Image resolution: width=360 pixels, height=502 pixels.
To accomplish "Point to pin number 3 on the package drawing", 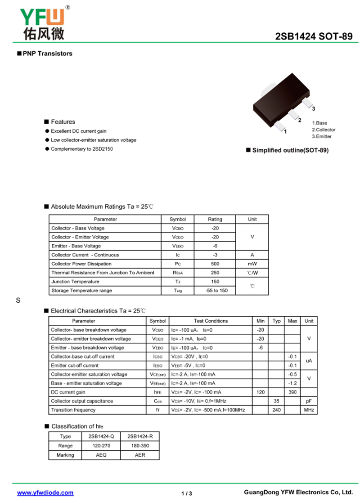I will [x=313, y=109].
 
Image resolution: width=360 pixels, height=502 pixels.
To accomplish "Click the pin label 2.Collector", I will [x=324, y=130].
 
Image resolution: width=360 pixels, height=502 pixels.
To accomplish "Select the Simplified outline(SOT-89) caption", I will [x=290, y=150].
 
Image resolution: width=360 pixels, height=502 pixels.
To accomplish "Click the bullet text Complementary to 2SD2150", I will [x=81, y=149].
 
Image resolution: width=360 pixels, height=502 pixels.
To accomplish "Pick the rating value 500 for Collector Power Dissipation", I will [x=215, y=264].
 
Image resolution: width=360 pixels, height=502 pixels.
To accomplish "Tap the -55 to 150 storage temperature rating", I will [x=215, y=291].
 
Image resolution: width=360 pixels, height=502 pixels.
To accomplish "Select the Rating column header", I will [x=215, y=219].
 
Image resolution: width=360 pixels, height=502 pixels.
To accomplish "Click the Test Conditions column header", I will [x=211, y=321].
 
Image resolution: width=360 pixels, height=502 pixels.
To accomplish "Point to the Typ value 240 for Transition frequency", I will [x=276, y=410].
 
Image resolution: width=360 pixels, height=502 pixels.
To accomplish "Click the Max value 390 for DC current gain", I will [x=292, y=392].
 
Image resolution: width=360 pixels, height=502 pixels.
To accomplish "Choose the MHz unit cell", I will [x=309, y=410].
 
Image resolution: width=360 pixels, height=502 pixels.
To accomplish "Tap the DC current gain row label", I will [x=68, y=392].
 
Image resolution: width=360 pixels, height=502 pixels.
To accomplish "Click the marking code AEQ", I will [x=101, y=455].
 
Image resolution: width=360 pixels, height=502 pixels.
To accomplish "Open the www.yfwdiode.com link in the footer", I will [x=45, y=493].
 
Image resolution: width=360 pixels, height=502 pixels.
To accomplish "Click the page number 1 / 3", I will [x=187, y=493].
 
